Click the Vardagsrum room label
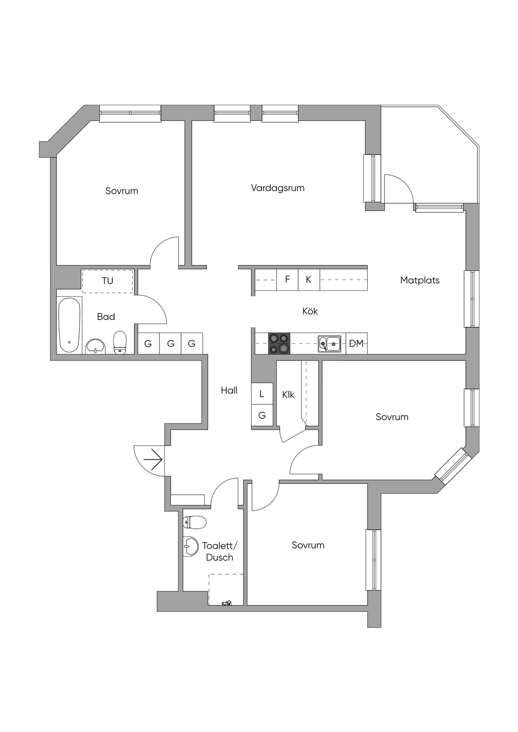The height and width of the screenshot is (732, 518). pyautogui.click(x=278, y=188)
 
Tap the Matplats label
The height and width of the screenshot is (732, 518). pyautogui.click(x=419, y=280)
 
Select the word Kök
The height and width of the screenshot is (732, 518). pyautogui.click(x=310, y=311)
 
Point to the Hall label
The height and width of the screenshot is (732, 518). pyautogui.click(x=229, y=390)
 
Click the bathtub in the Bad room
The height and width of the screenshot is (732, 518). pyautogui.click(x=69, y=325)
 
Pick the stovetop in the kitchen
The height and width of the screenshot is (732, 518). pyautogui.click(x=279, y=343)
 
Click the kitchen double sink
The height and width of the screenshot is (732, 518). pyautogui.click(x=329, y=343)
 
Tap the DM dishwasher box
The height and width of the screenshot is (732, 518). pyautogui.click(x=357, y=343)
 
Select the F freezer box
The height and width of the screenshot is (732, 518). pyautogui.click(x=287, y=280)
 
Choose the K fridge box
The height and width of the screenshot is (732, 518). pyautogui.click(x=309, y=280)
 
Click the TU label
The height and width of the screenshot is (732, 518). pyautogui.click(x=107, y=281)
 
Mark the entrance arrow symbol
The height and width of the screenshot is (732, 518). pyautogui.click(x=153, y=460)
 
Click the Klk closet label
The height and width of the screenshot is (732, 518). pyautogui.click(x=288, y=395)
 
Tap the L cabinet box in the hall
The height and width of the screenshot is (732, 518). pyautogui.click(x=262, y=393)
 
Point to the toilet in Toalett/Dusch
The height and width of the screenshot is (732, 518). pyautogui.click(x=194, y=522)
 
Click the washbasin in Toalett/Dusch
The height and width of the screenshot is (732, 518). pyautogui.click(x=190, y=546)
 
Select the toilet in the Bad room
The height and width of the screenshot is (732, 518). pyautogui.click(x=120, y=342)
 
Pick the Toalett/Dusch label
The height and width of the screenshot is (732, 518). pyautogui.click(x=220, y=552)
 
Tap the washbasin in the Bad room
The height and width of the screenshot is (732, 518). pyautogui.click(x=95, y=346)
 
